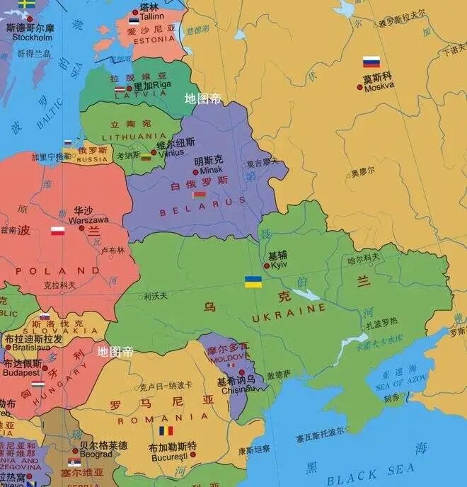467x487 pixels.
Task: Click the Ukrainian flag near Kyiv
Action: pyautogui.click(x=253, y=282)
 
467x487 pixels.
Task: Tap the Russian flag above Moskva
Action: pyautogui.click(x=371, y=62)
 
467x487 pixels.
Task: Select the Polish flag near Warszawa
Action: pyautogui.click(x=58, y=231)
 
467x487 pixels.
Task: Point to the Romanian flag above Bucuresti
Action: pyautogui.click(x=166, y=430)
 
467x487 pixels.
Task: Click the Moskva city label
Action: pyautogui.click(x=379, y=87)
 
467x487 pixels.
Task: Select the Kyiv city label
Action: pyautogui.click(x=278, y=265)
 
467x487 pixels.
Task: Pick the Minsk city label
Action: pyautogui.click(x=212, y=171)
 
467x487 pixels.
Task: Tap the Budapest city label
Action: pyautogui.click(x=21, y=372)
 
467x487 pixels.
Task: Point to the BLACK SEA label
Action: pyautogui.click(x=371, y=471)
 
